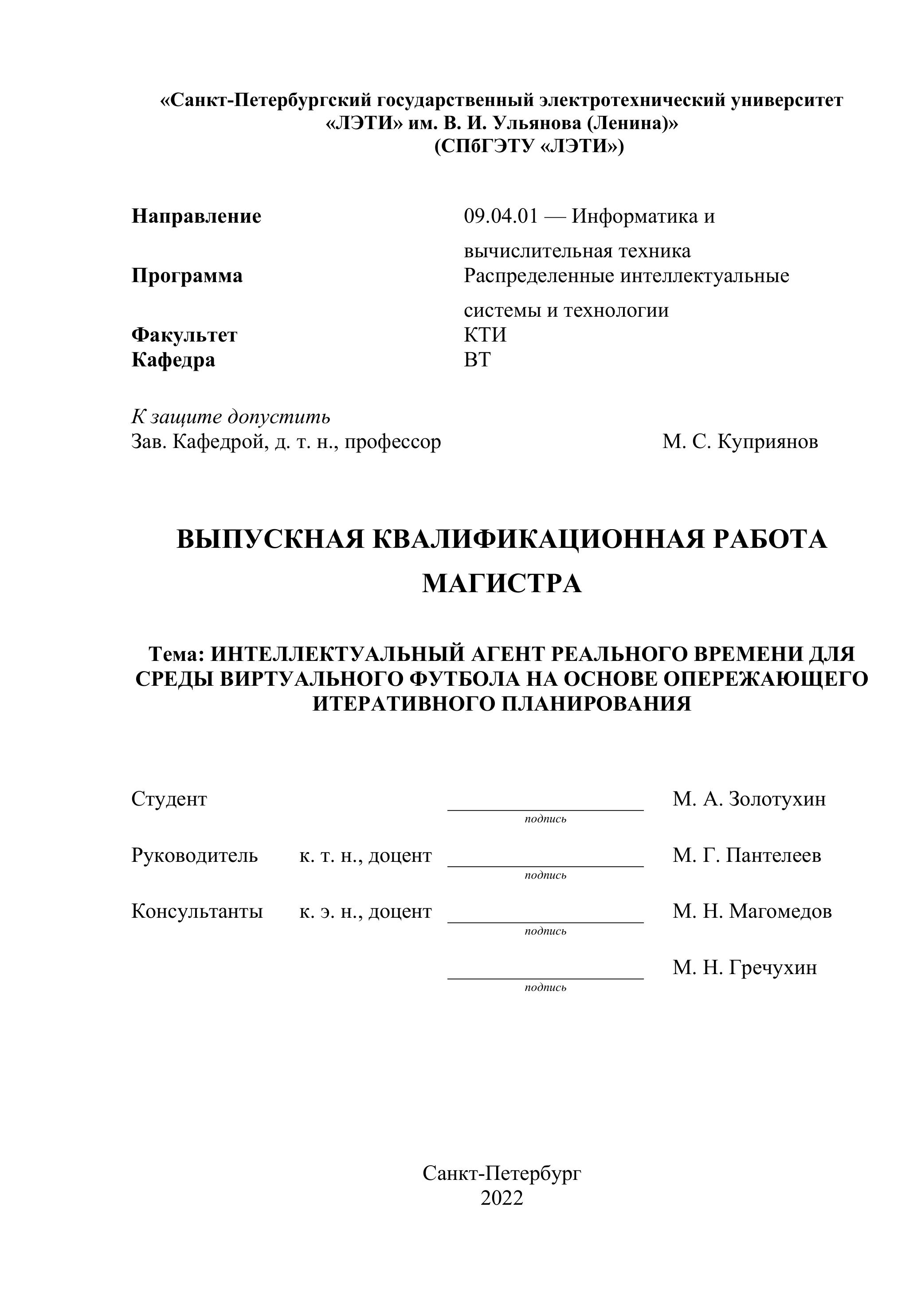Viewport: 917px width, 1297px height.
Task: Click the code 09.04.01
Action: click(501, 216)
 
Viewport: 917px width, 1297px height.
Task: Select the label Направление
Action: click(196, 216)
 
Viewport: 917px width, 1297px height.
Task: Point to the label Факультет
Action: click(184, 335)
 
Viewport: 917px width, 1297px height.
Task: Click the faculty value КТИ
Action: click(485, 335)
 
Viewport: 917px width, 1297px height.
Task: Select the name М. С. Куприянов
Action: click(740, 442)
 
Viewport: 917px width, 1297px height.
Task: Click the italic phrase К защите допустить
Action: click(231, 417)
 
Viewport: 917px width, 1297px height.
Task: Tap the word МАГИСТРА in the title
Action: click(502, 584)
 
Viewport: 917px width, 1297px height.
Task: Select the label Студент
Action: click(169, 799)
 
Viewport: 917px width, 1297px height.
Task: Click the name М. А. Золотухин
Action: click(749, 799)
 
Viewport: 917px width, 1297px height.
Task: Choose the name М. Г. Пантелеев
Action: click(746, 855)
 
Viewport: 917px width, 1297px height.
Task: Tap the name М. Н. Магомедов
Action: click(752, 911)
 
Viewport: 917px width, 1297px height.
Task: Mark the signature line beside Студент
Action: click(545, 810)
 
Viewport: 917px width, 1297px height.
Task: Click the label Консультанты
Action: click(197, 911)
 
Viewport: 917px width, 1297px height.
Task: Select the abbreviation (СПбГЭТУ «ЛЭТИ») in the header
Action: click(529, 147)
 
